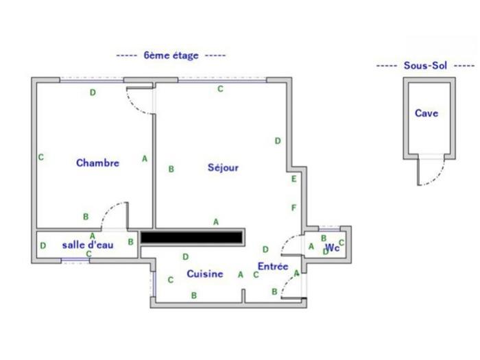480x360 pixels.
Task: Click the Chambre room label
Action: (97, 163)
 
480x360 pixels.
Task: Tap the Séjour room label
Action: (223, 167)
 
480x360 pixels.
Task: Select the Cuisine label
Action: (205, 274)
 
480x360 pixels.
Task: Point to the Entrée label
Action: (273, 266)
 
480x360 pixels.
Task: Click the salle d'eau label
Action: (88, 245)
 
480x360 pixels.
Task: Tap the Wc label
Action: (333, 248)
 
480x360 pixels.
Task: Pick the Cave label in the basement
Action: (427, 113)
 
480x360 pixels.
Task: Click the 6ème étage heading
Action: (171, 56)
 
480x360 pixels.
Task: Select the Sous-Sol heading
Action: (425, 65)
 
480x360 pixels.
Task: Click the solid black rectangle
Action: (191, 237)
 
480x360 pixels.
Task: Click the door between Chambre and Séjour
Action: (140, 101)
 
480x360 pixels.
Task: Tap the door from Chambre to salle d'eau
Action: (115, 214)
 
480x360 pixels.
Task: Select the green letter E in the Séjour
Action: (294, 179)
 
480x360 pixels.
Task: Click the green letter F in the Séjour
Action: (294, 208)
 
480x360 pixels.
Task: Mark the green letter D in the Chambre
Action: (93, 93)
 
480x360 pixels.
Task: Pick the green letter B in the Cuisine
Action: (194, 296)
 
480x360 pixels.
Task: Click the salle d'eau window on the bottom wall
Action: (75, 261)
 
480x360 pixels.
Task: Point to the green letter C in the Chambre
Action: (41, 157)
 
